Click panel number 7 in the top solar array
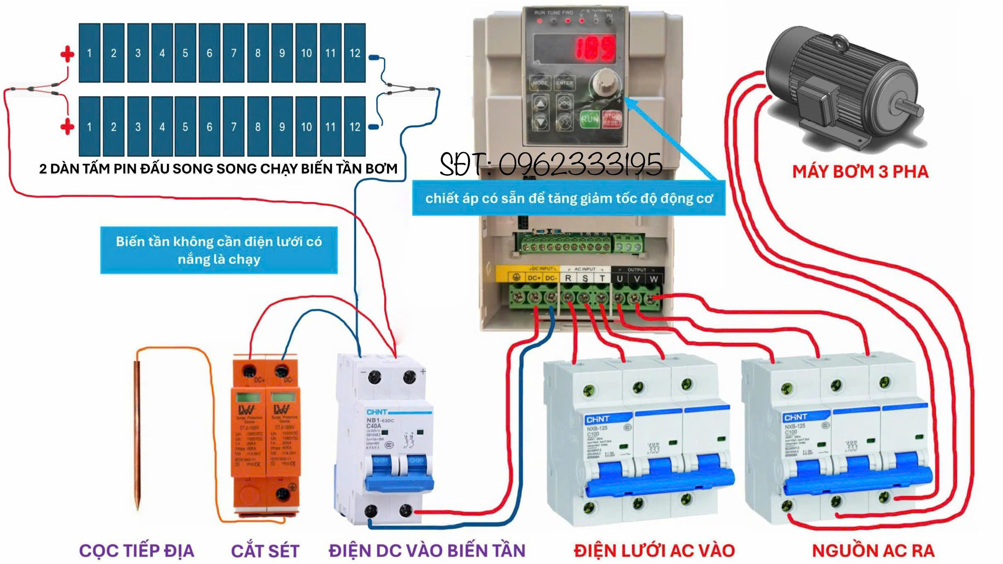pyautogui.click(x=234, y=53)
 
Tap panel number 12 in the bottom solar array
pyautogui.click(x=355, y=127)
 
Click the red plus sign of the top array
pyautogui.click(x=67, y=54)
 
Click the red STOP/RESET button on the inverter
pyautogui.click(x=612, y=119)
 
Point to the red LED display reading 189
pyautogui.click(x=596, y=48)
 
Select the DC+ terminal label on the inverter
pyautogui.click(x=534, y=278)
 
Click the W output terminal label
pyautogui.click(x=653, y=279)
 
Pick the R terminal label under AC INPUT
pyautogui.click(x=568, y=278)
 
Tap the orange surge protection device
pyautogui.click(x=266, y=434)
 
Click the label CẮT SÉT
pyautogui.click(x=265, y=551)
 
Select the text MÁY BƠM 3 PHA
pyautogui.click(x=860, y=172)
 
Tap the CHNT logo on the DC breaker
pyautogui.click(x=377, y=412)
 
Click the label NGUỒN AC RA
pyautogui.click(x=873, y=551)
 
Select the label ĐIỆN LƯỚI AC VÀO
pyautogui.click(x=654, y=551)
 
